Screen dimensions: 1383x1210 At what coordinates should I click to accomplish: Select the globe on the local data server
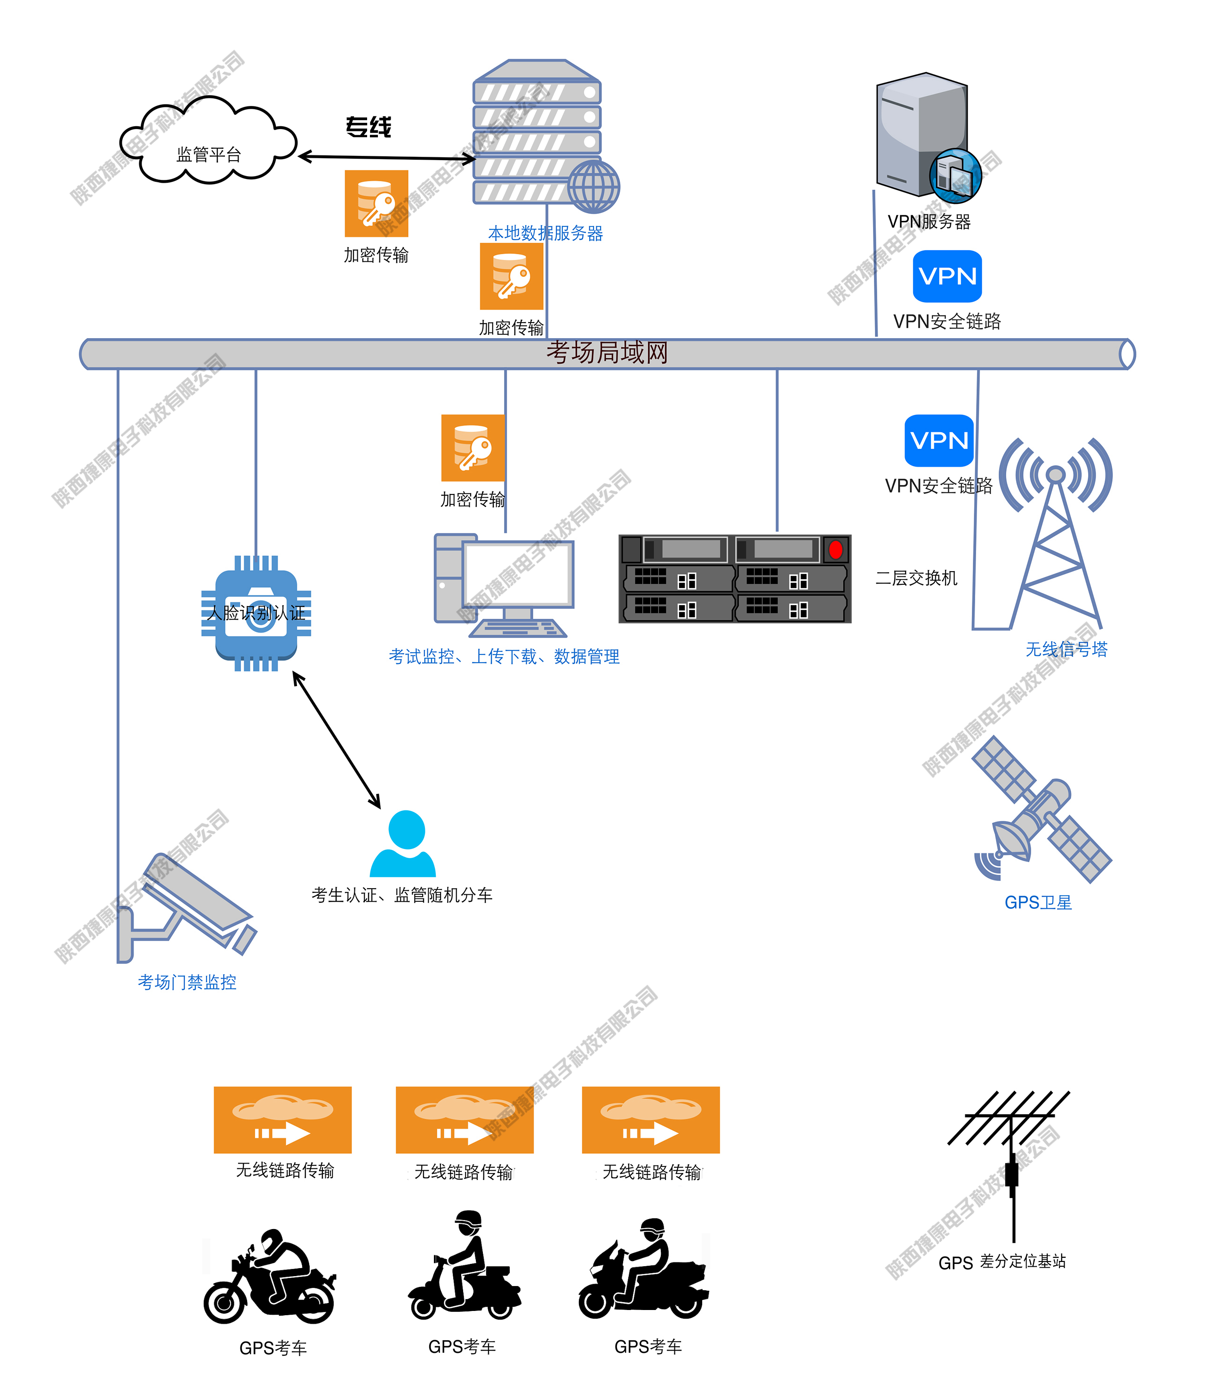pos(593,186)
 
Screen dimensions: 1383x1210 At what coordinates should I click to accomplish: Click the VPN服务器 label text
pos(929,222)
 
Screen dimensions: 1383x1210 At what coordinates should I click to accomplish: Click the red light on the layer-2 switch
pos(835,549)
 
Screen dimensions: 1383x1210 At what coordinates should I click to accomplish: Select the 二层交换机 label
pos(916,578)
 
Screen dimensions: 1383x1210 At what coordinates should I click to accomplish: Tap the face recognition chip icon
pos(256,613)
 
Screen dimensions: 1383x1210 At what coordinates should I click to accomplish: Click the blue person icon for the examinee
pos(403,844)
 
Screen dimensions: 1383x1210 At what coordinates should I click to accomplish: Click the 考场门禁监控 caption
pos(187,982)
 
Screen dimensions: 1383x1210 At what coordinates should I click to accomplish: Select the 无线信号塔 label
pos(1066,649)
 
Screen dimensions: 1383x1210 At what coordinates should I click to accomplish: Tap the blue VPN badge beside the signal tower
pos(938,440)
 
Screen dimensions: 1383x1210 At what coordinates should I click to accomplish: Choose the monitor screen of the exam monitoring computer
pos(518,574)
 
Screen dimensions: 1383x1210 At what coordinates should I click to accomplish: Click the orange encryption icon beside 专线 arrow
pos(376,203)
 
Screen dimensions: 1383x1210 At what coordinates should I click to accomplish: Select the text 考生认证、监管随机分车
pos(402,895)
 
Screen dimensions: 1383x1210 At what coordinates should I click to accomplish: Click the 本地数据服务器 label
pos(545,233)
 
